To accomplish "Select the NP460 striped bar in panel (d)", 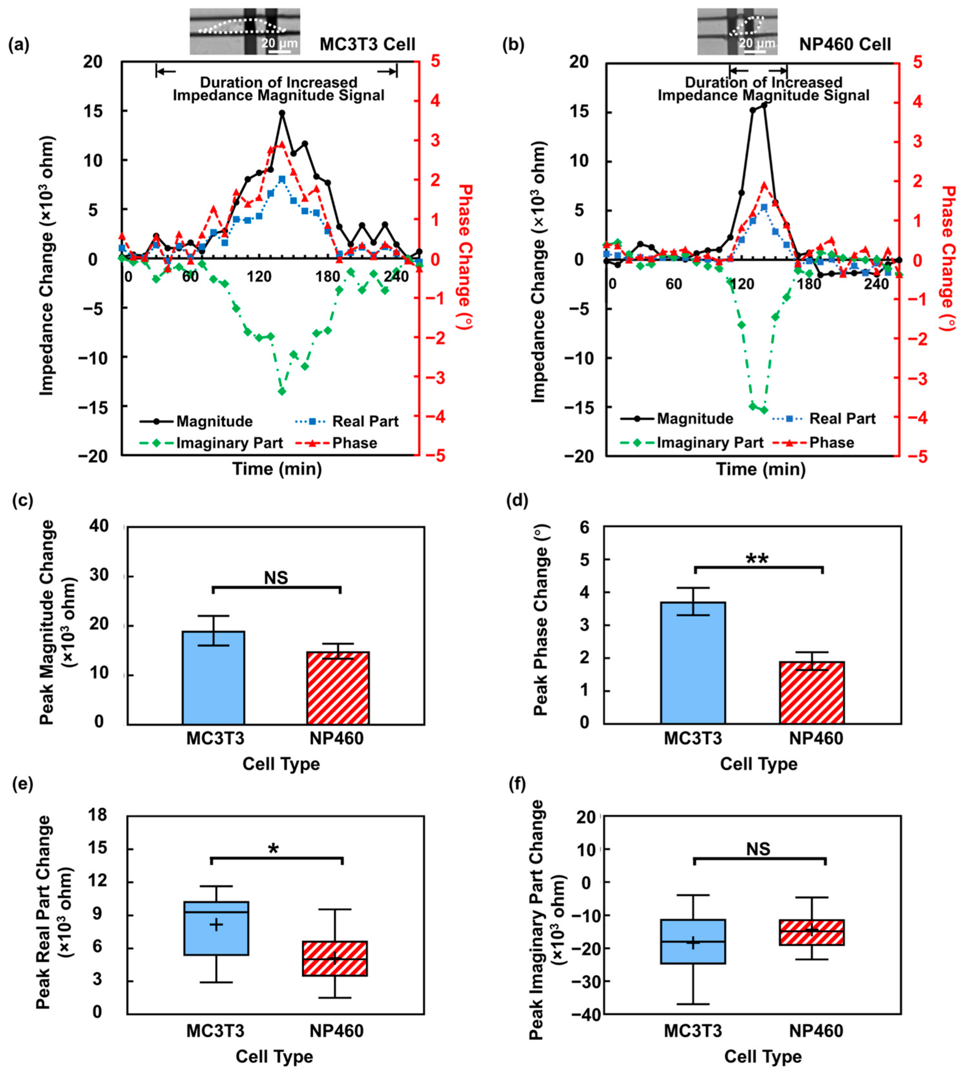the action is tap(812, 693).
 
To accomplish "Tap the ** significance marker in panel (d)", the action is tap(757, 559).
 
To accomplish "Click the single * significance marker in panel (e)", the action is tap(273, 849).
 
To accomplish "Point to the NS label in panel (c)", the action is tap(276, 577).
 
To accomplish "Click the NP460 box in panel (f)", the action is tap(812, 932).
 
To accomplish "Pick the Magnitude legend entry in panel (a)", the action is tap(196, 422).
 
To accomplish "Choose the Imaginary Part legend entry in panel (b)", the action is tap(692, 443).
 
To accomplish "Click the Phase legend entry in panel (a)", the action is tap(336, 443).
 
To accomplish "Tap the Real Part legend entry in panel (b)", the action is tap(824, 419).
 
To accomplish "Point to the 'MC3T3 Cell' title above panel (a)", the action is tap(368, 44).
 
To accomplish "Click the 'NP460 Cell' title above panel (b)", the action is tap(845, 44).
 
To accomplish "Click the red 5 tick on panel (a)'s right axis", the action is tap(435, 62).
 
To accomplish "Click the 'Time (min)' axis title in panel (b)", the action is tap(761, 469).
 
